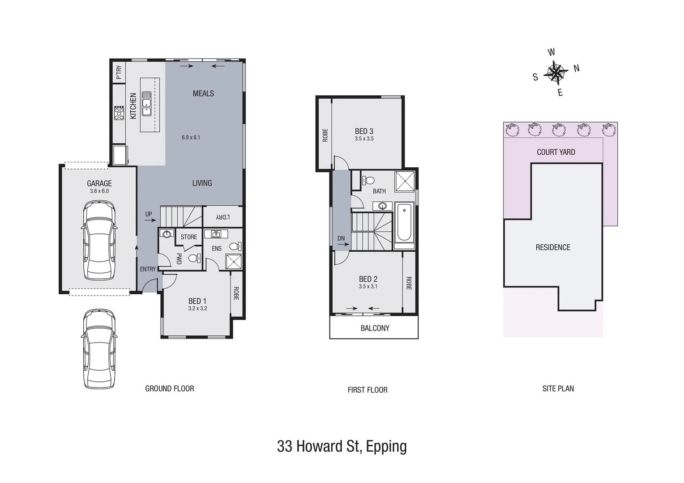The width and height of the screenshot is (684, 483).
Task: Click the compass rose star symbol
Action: click(x=556, y=73)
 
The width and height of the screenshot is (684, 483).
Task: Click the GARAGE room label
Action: click(x=99, y=183)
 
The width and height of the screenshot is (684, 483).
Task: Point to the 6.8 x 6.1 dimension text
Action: click(x=191, y=137)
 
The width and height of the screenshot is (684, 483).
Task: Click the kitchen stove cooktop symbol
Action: click(x=119, y=113)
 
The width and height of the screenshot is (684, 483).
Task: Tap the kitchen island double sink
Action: click(x=146, y=104)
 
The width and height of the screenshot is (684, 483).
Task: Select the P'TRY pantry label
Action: click(x=119, y=72)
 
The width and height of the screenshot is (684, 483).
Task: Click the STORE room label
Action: click(x=189, y=237)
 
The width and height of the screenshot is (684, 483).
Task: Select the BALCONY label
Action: click(x=375, y=328)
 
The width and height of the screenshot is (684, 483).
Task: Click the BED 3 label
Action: click(x=364, y=131)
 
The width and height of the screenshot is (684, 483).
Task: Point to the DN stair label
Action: click(x=341, y=238)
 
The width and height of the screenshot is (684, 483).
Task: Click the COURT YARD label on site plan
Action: click(x=556, y=152)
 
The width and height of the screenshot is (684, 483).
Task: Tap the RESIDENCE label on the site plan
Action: click(x=553, y=247)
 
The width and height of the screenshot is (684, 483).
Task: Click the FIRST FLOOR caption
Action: click(x=367, y=390)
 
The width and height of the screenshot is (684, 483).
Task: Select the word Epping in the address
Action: click(x=386, y=446)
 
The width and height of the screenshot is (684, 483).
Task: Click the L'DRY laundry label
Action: click(x=222, y=217)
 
